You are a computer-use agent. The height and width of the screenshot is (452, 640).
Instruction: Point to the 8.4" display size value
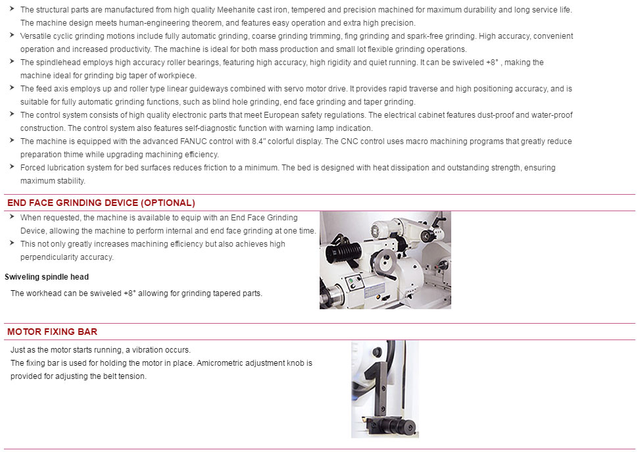coord(258,141)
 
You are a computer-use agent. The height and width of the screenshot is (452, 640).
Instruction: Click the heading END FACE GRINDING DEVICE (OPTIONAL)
coord(101,203)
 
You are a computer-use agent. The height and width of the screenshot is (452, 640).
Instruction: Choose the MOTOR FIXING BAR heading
coord(52,332)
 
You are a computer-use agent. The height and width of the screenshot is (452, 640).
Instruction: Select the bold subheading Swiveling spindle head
coord(47,277)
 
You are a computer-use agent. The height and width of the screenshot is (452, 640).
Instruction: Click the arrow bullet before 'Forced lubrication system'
coord(12,166)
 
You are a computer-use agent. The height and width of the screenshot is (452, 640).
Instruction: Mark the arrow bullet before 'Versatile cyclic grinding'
coord(12,35)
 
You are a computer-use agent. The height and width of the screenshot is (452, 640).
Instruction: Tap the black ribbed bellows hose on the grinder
coord(343,250)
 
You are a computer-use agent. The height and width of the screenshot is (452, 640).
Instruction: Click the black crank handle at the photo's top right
coord(436,220)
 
